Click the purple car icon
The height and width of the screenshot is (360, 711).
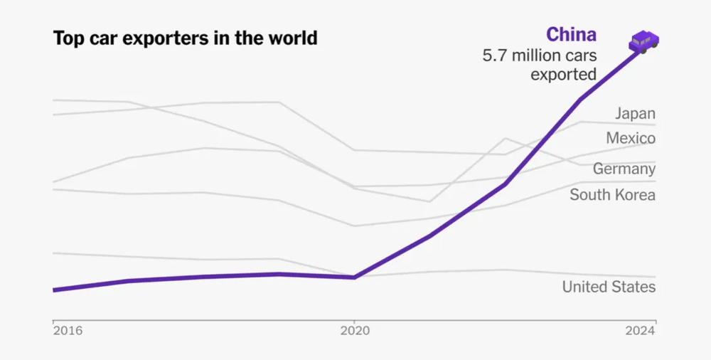[644, 42]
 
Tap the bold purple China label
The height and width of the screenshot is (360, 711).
[571, 34]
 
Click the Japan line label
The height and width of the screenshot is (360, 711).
[635, 113]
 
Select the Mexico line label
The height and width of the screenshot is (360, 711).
[631, 138]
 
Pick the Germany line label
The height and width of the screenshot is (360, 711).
[624, 169]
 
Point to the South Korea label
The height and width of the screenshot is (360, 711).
[612, 194]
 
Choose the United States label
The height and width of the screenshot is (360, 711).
[609, 287]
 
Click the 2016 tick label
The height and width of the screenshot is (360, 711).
[68, 331]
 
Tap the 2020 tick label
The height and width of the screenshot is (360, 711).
[354, 331]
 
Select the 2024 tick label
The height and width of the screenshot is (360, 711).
[640, 331]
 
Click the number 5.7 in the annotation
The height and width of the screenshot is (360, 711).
[495, 55]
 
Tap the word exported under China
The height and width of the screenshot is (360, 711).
[563, 74]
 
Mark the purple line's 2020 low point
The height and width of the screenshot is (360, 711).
[354, 277]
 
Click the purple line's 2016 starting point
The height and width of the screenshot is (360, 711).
[54, 290]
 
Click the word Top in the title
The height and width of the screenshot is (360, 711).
[68, 38]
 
